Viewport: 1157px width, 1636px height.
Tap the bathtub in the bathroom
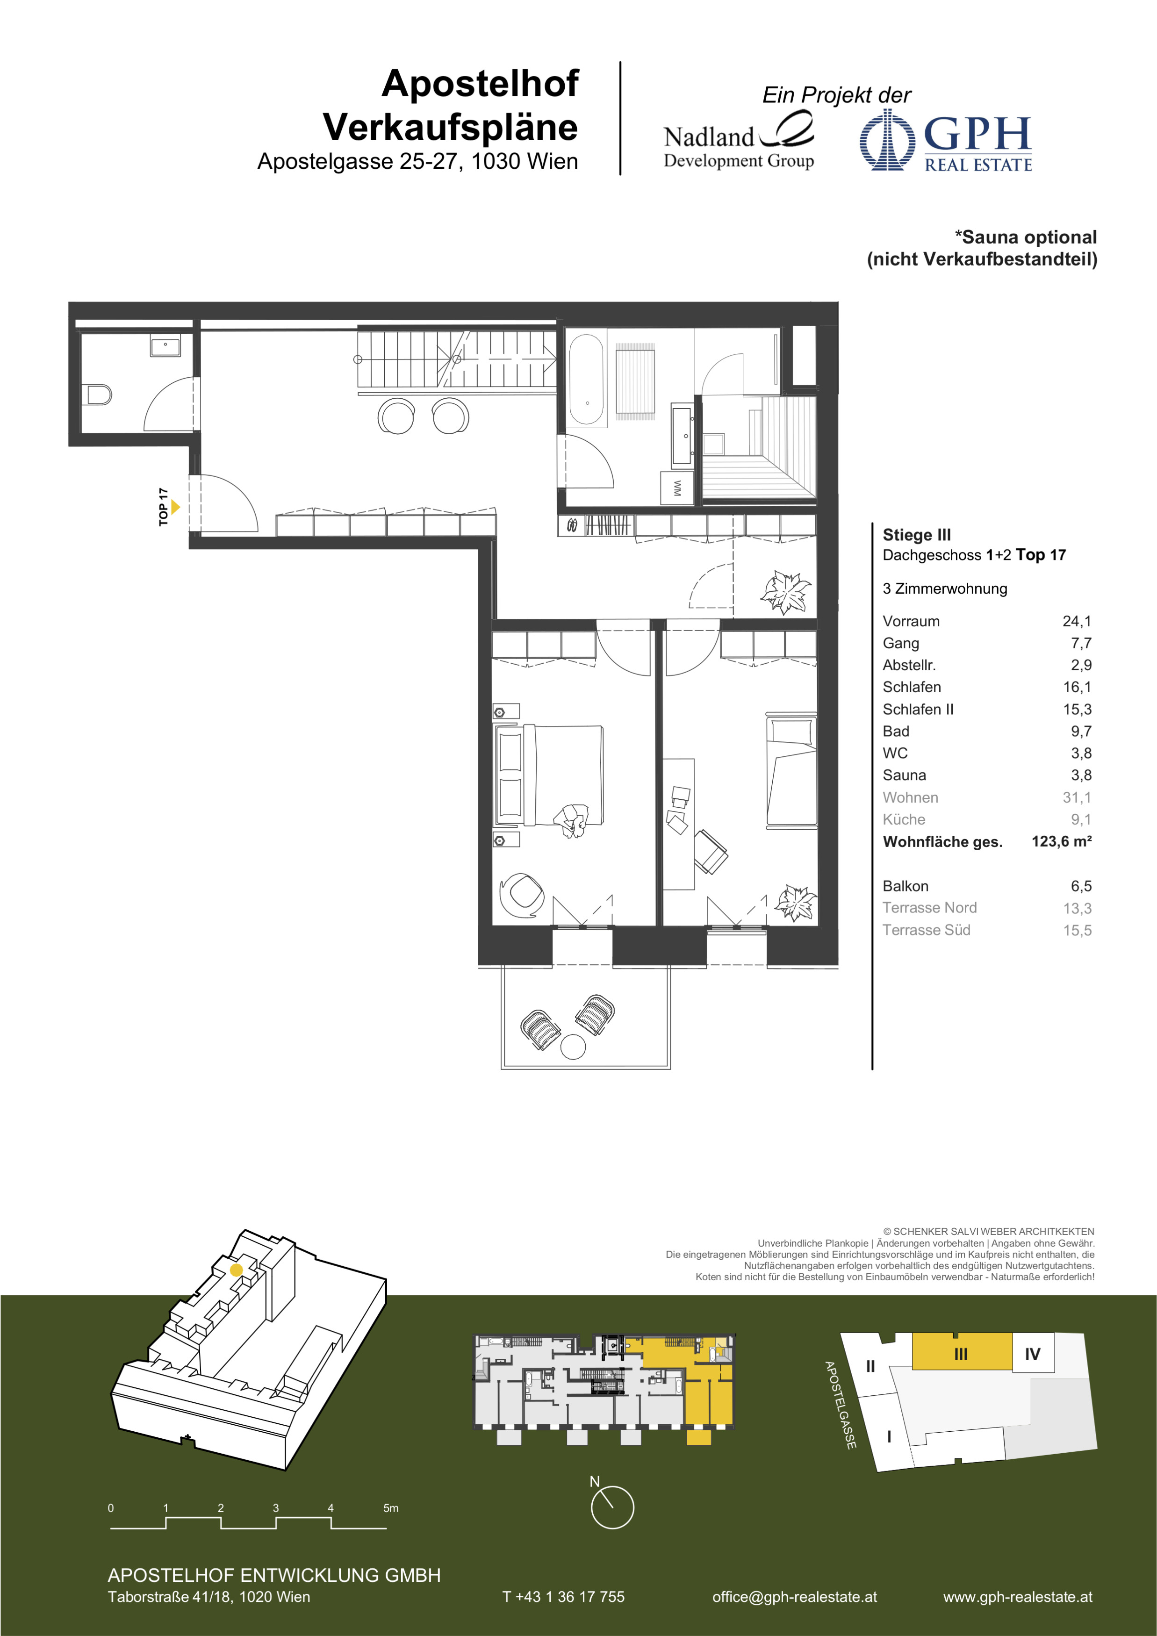[x=586, y=380]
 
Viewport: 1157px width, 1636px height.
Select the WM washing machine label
[x=677, y=488]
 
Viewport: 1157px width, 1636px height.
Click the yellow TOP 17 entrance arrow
[x=175, y=507]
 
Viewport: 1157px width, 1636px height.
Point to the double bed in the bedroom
[x=548, y=775]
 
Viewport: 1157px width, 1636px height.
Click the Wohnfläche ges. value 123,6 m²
[x=1062, y=841]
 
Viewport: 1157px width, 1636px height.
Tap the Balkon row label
[x=905, y=886]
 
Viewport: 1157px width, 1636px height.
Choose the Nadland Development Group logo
[x=739, y=142]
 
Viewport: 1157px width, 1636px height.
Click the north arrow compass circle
[x=612, y=1507]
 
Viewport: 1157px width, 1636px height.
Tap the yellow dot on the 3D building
[x=237, y=1270]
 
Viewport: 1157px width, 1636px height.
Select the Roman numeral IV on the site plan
[x=1032, y=1354]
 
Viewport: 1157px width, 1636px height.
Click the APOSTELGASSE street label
[x=840, y=1405]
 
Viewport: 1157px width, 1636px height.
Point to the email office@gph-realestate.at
[x=794, y=1597]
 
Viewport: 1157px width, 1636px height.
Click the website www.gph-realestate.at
[x=1017, y=1597]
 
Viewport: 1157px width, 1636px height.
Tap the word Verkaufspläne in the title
[x=450, y=128]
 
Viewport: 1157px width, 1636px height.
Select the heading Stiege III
[x=916, y=535]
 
